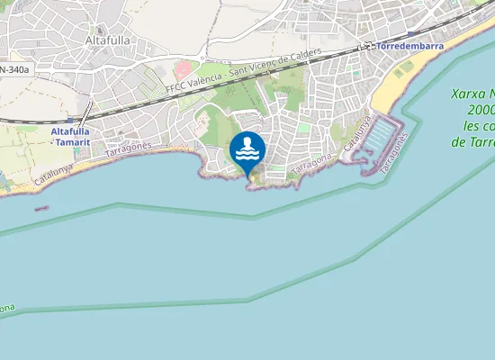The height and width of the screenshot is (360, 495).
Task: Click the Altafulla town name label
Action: point(109,40)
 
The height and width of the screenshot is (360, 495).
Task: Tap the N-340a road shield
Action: point(13,68)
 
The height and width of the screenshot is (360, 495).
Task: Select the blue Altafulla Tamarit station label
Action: point(69,135)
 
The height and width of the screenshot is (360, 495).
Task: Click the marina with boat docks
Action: point(382,139)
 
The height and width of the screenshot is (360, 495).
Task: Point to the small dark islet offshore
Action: point(41,209)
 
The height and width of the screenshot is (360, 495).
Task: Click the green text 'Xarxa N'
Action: point(473,94)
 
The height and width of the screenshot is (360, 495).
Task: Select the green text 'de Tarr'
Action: point(472,141)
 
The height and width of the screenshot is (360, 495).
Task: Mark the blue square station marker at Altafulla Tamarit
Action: point(69,118)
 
